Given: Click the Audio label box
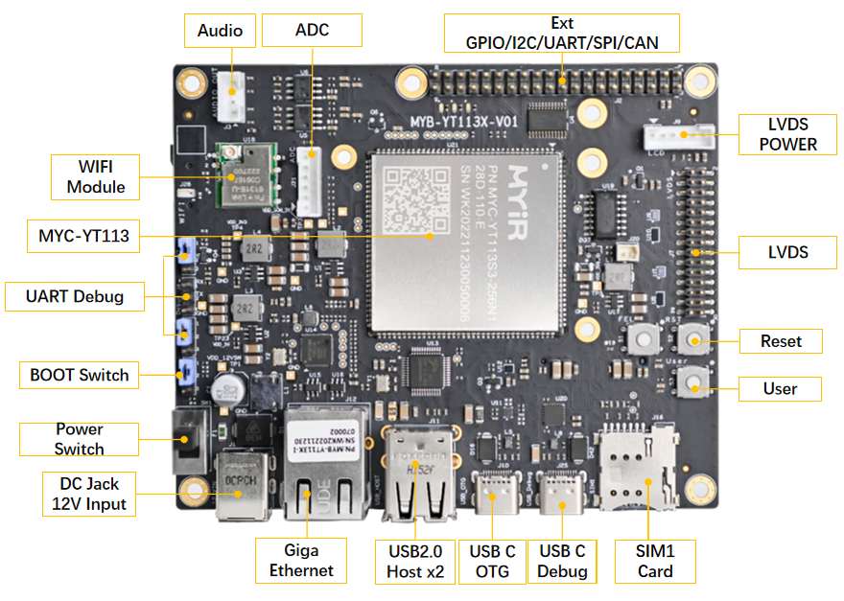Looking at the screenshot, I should click(220, 31).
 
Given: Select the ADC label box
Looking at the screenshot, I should click(312, 31).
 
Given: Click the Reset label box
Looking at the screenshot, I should click(780, 341).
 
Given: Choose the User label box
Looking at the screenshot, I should click(780, 388).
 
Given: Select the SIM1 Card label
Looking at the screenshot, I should click(655, 561).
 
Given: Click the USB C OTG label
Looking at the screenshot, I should click(492, 561).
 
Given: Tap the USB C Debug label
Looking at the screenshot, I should click(562, 561).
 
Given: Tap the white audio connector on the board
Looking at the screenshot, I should click(231, 93).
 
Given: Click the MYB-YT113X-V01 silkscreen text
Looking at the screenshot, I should click(463, 122).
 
